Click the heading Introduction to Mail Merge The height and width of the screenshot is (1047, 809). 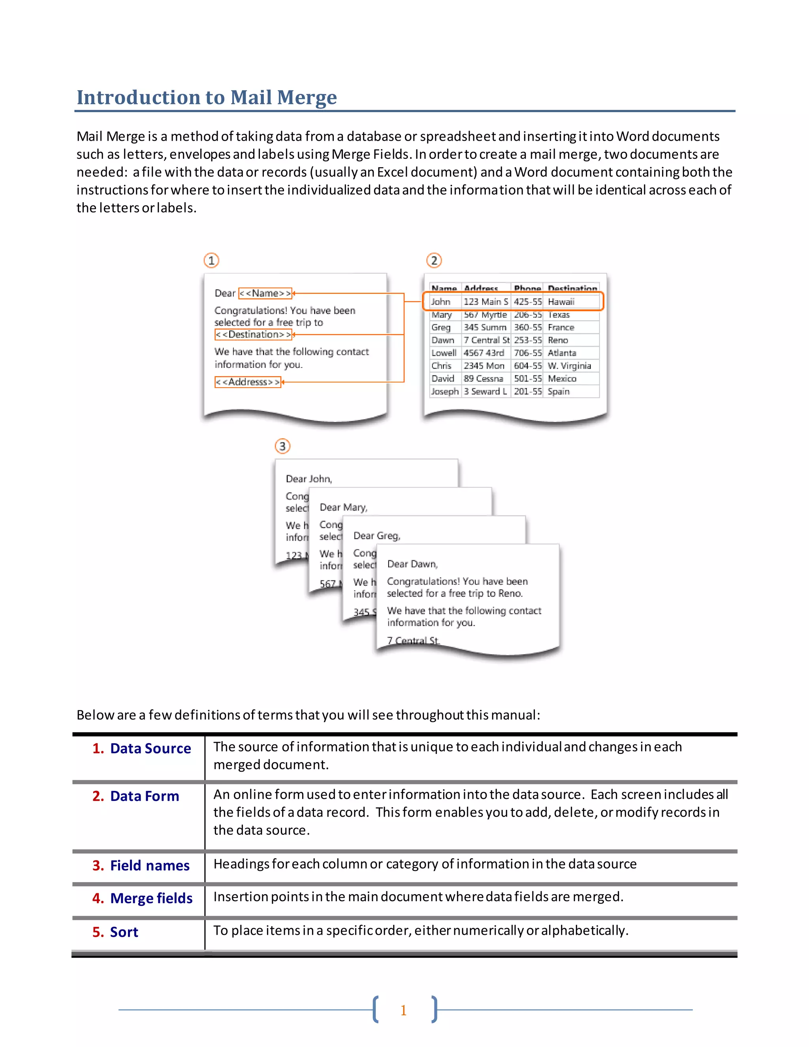tap(207, 97)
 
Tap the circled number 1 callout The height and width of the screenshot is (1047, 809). tap(211, 260)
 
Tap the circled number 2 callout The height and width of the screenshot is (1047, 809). tap(434, 260)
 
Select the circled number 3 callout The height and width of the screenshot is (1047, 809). tap(282, 446)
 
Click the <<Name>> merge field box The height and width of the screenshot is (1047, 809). tap(265, 293)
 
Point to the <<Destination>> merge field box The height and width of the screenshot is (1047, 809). tap(254, 335)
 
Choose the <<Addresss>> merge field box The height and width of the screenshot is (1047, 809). tap(248, 382)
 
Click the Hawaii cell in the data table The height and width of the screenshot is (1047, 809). tap(561, 301)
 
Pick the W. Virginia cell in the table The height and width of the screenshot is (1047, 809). tap(569, 366)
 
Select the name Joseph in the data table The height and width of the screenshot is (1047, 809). tap(444, 392)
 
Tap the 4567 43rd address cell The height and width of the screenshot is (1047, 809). tap(484, 353)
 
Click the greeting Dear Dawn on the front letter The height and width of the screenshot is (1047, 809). tap(412, 564)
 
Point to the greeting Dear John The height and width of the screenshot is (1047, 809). tap(309, 479)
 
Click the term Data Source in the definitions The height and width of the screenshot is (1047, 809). tap(151, 748)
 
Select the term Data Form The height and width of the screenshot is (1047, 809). tap(144, 796)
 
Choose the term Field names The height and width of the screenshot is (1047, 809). tap(150, 865)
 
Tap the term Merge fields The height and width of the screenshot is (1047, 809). tap(151, 898)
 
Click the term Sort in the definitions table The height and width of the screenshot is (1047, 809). tap(124, 932)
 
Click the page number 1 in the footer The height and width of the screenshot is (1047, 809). tap(404, 1010)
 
